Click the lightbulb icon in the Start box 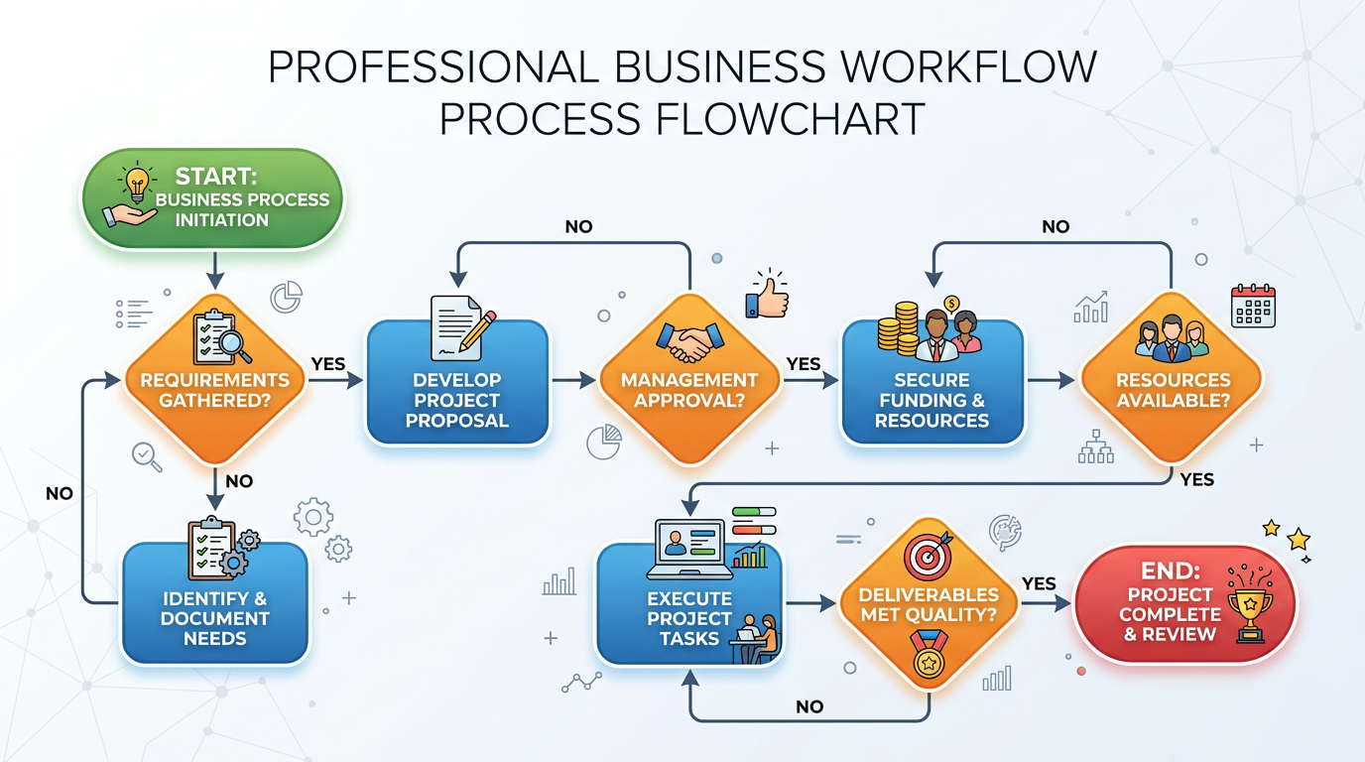coord(137,182)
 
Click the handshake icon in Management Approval coord(688,342)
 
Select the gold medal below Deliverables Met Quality coord(929,656)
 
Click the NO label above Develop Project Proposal coord(578,226)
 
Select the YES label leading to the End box coord(1039,583)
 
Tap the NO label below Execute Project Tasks coord(809,706)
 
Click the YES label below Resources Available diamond coord(1197,479)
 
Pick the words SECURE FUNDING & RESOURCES coord(931,400)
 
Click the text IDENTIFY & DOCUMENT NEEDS coord(215,618)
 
